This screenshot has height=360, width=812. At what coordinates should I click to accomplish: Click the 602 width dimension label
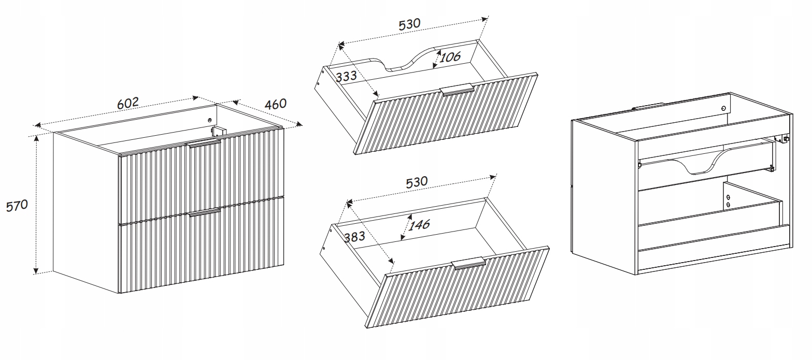click(x=128, y=103)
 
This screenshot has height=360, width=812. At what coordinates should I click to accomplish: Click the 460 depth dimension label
click(x=276, y=105)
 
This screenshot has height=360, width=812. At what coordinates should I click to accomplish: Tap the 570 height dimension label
click(x=17, y=206)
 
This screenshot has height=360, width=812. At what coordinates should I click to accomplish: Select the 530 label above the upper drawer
click(x=409, y=24)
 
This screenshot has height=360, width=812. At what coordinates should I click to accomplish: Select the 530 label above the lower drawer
click(x=417, y=182)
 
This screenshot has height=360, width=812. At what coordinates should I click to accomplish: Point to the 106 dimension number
click(x=450, y=57)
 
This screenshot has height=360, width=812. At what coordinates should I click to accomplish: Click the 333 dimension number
click(x=346, y=77)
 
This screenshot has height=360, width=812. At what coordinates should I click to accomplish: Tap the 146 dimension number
click(x=419, y=225)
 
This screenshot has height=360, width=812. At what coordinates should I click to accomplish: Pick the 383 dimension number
click(x=354, y=237)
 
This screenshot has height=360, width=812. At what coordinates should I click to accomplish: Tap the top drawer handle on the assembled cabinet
click(x=204, y=143)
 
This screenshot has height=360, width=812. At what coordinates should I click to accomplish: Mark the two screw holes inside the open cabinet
click(x=728, y=201)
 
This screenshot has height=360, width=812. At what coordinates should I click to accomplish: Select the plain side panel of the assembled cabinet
click(x=86, y=212)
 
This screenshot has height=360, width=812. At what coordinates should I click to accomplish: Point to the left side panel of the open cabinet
click(x=605, y=196)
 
